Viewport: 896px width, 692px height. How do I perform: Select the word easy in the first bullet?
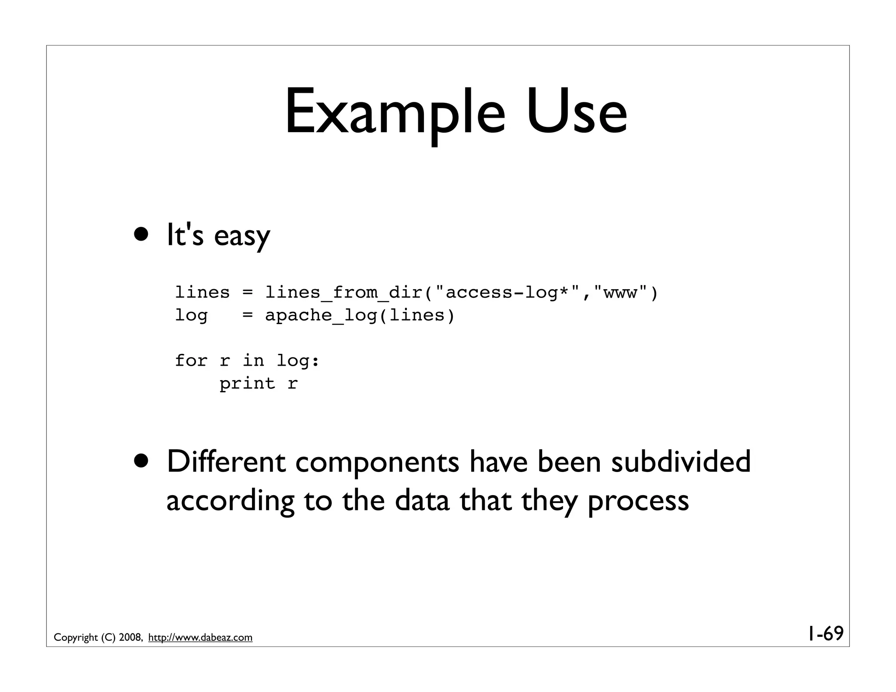pos(242,236)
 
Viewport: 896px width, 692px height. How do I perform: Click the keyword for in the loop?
pos(191,361)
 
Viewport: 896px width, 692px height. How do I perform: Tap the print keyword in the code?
pos(247,384)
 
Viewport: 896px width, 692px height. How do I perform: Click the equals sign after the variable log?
pos(248,315)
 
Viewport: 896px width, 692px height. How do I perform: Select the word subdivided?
pos(680,462)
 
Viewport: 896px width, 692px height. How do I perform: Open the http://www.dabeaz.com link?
pos(200,637)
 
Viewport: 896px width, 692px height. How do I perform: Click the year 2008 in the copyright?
pos(129,637)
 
